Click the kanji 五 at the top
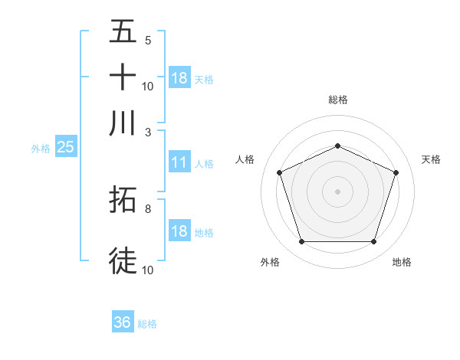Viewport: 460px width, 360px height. [x=123, y=34]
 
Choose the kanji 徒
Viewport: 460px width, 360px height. [x=123, y=260]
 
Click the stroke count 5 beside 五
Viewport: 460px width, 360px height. [x=148, y=41]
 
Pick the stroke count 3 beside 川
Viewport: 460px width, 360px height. [x=148, y=132]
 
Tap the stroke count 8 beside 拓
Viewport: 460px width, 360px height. [x=148, y=208]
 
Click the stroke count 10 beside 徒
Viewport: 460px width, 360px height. [x=148, y=269]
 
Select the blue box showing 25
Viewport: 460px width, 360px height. [x=65, y=147]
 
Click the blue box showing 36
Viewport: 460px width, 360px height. [x=123, y=322]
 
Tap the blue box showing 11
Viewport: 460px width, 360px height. [x=179, y=162]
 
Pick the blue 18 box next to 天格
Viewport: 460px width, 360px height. [x=179, y=78]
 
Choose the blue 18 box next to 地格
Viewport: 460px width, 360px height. [x=179, y=231]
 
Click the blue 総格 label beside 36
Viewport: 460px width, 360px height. [x=147, y=324]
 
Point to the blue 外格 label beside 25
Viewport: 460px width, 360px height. [x=40, y=149]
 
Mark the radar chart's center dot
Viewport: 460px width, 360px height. [x=337, y=191]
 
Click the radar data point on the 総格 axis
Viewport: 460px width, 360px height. [x=337, y=146]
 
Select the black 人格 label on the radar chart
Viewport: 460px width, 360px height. [x=245, y=159]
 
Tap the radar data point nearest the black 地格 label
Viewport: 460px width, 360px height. [x=373, y=241]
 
